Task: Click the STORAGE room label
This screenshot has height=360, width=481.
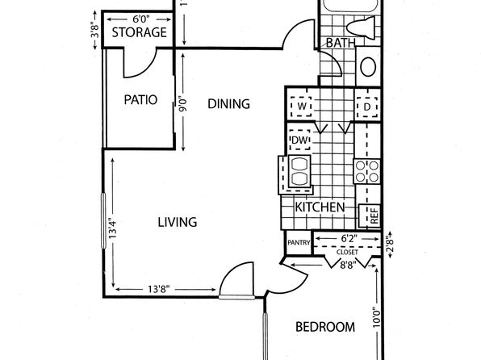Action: (140, 32)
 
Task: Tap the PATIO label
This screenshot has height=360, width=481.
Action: (140, 100)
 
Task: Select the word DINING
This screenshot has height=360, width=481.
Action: (229, 104)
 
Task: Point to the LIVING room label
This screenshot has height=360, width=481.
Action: (178, 222)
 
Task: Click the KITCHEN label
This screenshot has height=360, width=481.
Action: (320, 207)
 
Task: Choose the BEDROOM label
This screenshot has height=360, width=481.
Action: (325, 327)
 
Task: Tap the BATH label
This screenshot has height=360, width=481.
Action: (341, 43)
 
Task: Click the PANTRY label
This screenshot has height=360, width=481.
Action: (299, 243)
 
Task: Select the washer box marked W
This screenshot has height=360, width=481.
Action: (302, 107)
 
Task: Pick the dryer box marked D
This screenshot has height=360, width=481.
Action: (367, 107)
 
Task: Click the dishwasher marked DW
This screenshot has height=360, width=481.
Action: (299, 140)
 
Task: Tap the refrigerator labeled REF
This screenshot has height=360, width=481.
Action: (370, 216)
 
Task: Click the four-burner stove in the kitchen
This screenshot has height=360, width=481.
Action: (367, 171)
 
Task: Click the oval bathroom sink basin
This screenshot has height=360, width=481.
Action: (368, 67)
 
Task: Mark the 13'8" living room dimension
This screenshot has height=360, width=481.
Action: (159, 289)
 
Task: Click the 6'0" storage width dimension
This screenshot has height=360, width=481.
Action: (140, 19)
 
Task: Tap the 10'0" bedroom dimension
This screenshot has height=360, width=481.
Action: (377, 316)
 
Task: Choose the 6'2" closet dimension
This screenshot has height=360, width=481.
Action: (348, 238)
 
